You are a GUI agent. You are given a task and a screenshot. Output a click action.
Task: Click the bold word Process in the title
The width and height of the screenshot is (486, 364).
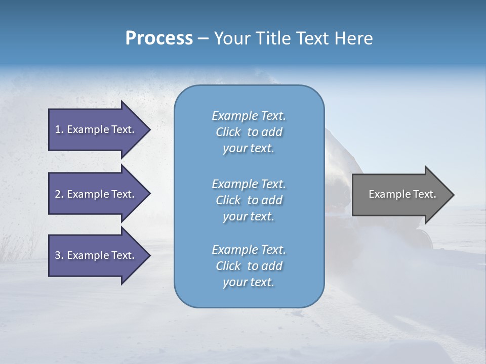159,38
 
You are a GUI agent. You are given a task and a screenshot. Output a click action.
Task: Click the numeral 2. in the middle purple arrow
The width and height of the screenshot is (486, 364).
59,194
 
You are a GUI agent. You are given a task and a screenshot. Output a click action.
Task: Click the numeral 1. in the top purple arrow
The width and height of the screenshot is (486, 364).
59,129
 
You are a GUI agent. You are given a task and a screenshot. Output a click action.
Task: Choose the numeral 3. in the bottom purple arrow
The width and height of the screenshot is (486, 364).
59,255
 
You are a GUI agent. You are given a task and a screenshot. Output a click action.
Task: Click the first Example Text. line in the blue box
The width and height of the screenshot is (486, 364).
249,116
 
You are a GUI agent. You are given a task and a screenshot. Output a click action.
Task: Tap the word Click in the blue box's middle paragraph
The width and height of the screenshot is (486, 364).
228,200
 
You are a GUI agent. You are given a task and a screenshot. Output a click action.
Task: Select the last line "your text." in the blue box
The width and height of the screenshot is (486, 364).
249,282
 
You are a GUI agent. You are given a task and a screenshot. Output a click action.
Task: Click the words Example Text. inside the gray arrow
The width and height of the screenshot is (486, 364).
402,194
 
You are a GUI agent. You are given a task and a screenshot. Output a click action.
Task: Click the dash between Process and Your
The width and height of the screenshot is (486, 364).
203,39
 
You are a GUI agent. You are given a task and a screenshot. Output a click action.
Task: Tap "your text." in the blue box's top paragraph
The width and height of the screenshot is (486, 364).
249,148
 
